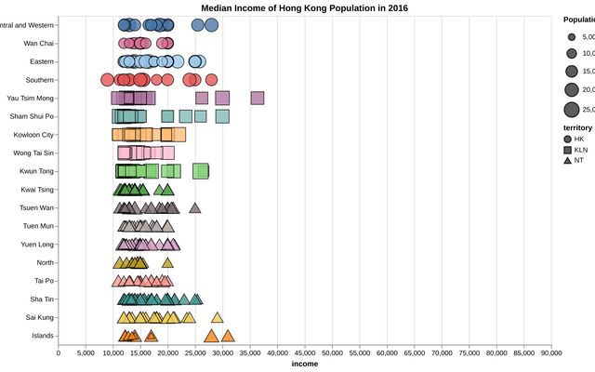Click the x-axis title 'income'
[x=304, y=364]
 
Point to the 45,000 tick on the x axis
[x=305, y=352]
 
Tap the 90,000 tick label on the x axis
[x=551, y=352]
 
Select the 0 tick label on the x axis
[x=59, y=352]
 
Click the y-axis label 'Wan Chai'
[x=38, y=44]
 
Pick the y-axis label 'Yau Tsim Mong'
[x=31, y=98]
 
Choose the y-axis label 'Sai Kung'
[x=39, y=317]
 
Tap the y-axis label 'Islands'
[x=42, y=336]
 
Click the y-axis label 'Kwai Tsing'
[x=37, y=190]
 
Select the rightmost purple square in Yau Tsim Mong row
[x=258, y=98]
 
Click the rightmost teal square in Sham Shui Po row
[x=222, y=116]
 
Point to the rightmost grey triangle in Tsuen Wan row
[x=195, y=207]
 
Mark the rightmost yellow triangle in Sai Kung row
[x=217, y=317]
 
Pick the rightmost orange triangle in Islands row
[x=228, y=336]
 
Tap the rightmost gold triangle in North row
[x=167, y=262]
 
